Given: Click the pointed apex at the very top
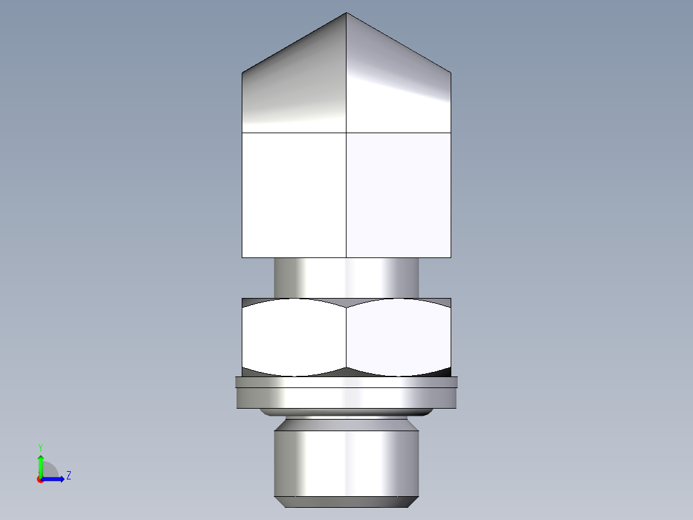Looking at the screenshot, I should tap(346, 14).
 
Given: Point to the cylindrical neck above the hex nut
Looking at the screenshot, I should tap(346, 277).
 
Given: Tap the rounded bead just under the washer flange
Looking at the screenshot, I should tap(346, 412).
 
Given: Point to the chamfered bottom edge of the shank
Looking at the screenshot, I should tap(346, 501).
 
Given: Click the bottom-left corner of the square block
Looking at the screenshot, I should tap(242, 257).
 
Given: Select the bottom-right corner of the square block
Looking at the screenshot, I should tap(451, 257).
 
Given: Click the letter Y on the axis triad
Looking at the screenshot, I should tap(40, 447).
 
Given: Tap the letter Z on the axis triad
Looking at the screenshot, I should tap(68, 476).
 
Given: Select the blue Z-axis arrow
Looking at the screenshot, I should tap(54, 479).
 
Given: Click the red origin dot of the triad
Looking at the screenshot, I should tap(40, 479).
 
